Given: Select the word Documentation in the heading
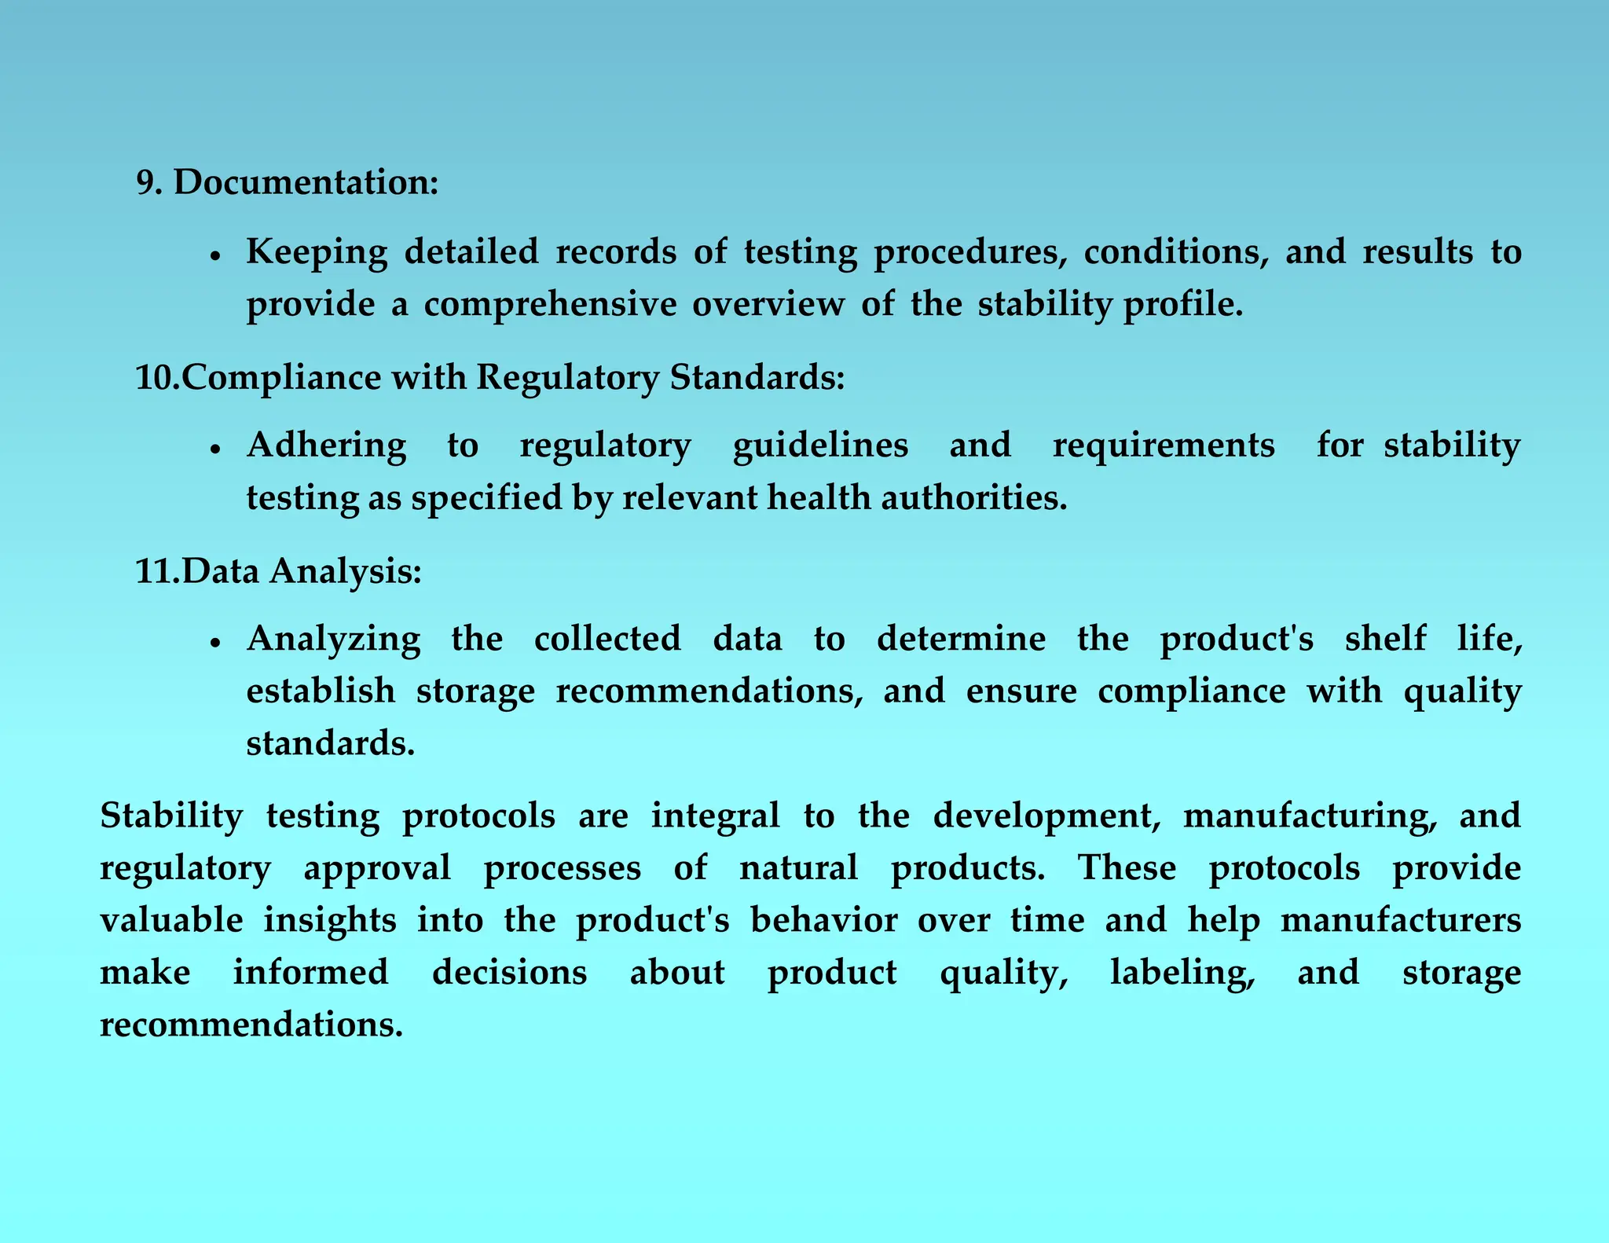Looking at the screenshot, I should [305, 182].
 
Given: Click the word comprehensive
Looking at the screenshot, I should [550, 304].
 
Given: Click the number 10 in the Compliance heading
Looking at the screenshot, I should [156, 377].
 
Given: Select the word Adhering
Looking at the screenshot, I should [326, 445].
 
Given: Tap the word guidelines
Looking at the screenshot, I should [820, 445].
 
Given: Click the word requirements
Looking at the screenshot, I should [1163, 445].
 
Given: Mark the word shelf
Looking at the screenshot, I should [1385, 638].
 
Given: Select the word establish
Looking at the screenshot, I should [321, 691].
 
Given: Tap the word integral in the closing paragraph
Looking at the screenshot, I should [715, 816].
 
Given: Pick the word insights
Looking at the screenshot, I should [329, 920].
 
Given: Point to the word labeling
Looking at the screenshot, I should [1182, 973].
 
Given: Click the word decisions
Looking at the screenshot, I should [509, 973].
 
